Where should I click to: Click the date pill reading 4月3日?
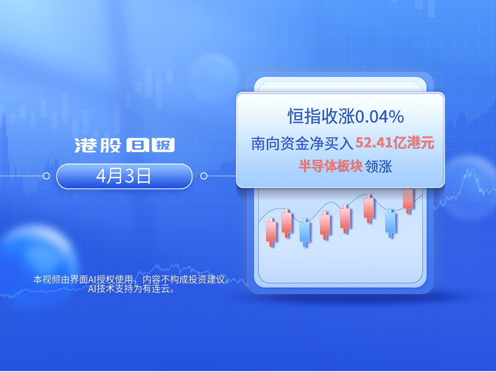(124, 176)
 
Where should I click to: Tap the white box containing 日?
(138, 145)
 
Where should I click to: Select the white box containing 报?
(163, 145)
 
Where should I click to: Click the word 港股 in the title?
(98, 146)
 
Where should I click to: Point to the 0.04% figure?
(380, 116)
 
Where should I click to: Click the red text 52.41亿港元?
(395, 143)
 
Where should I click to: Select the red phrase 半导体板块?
(330, 166)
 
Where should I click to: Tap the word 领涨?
(378, 166)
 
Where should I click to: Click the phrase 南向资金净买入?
(302, 143)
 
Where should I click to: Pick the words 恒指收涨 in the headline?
(321, 116)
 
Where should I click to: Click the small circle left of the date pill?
(46, 176)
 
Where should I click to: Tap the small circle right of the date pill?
(204, 176)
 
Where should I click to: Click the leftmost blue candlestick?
(305, 232)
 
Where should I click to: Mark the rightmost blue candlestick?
(390, 223)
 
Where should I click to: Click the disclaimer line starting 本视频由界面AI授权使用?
(131, 280)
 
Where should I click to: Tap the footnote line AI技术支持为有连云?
(131, 289)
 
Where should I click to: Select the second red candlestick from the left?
(287, 223)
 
